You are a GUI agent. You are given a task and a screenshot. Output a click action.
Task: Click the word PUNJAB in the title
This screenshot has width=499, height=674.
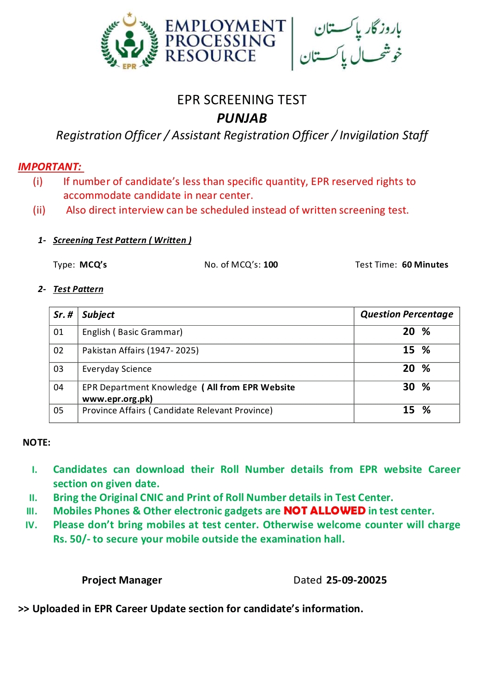[x=242, y=118]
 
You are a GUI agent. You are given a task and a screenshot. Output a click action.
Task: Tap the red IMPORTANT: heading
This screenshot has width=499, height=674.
[x=50, y=167]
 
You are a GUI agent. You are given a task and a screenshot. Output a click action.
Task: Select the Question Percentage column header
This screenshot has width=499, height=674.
[x=407, y=314]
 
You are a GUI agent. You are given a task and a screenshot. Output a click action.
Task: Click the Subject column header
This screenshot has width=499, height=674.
[x=98, y=315]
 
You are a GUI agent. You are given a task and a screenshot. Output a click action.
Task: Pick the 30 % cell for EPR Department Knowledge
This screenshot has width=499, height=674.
[x=416, y=387]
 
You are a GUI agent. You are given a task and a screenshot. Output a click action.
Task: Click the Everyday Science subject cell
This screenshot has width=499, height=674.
[x=117, y=369]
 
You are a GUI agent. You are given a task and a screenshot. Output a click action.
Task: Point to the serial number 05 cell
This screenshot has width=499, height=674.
[x=59, y=411]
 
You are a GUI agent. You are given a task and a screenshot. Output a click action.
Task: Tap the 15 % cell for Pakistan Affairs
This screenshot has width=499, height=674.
[x=416, y=350]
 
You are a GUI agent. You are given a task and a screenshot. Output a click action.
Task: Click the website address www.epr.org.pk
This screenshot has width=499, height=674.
[x=117, y=399]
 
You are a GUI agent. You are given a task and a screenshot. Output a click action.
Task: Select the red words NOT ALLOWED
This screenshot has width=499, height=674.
[x=324, y=511]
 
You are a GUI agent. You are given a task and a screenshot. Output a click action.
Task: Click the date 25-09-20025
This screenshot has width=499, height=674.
[x=356, y=580]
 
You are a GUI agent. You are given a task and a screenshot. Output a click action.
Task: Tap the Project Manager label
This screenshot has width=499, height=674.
[x=122, y=580]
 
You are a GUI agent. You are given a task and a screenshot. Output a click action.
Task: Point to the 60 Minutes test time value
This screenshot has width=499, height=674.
[x=425, y=265]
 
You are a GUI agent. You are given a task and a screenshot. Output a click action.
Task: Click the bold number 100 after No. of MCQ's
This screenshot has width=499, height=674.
[x=271, y=265]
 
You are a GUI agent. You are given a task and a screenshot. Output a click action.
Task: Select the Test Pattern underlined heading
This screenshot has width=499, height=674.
[x=78, y=289]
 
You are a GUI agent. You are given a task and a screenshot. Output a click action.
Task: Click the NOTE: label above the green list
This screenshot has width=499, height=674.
[x=37, y=442]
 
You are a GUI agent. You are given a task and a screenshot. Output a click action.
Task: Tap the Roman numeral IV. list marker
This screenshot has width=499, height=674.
[x=31, y=525]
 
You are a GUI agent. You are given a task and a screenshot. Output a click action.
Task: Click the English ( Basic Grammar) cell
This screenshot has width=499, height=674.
[x=132, y=332]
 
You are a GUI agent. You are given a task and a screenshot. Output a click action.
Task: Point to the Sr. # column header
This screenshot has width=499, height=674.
[x=63, y=315]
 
